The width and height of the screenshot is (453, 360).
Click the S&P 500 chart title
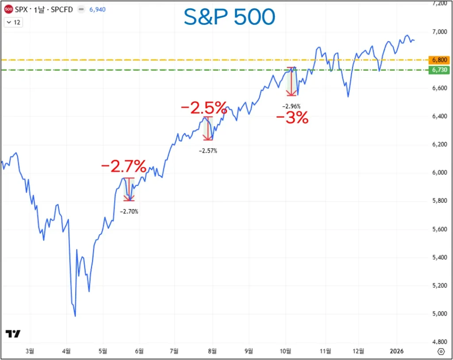click(229, 18)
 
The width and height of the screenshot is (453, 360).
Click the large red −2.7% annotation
click(123, 167)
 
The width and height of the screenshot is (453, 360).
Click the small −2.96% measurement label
click(291, 106)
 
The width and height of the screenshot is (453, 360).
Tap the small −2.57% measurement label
click(208, 151)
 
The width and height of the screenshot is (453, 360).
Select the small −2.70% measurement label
click(129, 212)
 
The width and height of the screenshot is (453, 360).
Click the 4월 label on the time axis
click(67, 351)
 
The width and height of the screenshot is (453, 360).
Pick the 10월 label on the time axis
click(285, 351)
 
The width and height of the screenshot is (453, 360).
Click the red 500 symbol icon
click(8, 9)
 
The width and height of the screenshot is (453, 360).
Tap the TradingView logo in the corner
click(13, 334)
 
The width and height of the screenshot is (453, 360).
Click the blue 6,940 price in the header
click(97, 9)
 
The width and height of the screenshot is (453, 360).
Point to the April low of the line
click(75, 316)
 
